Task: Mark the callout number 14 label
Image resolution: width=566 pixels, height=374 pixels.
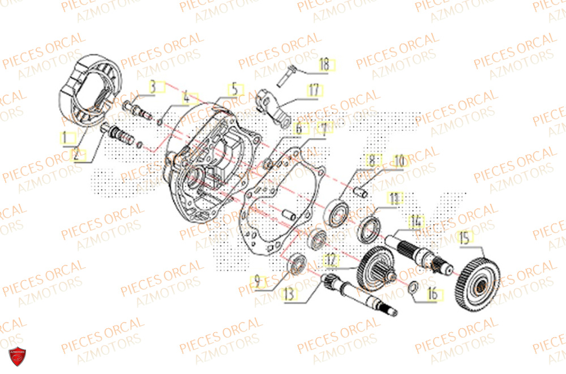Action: click(417, 221)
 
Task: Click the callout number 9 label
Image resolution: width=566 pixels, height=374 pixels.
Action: click(257, 280)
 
